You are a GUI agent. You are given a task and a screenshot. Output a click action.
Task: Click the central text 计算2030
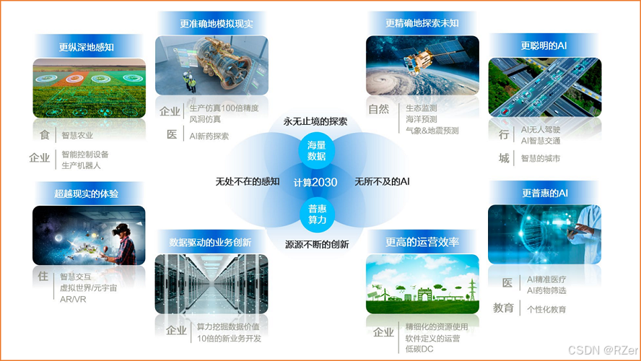click(x=315, y=183)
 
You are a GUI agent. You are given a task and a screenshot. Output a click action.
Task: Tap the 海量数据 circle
click(x=315, y=150)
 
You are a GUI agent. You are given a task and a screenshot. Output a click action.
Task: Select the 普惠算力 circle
click(x=315, y=214)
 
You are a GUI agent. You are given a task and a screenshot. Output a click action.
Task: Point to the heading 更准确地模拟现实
click(x=212, y=24)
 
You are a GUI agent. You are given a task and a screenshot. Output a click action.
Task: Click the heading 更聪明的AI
click(x=544, y=45)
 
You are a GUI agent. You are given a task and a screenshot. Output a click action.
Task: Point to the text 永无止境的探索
click(x=315, y=121)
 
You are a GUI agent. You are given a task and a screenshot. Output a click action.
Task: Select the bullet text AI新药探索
click(x=209, y=135)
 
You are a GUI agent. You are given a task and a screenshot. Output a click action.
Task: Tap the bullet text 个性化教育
click(x=546, y=309)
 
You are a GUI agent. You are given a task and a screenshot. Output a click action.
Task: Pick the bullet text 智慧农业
click(x=77, y=135)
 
